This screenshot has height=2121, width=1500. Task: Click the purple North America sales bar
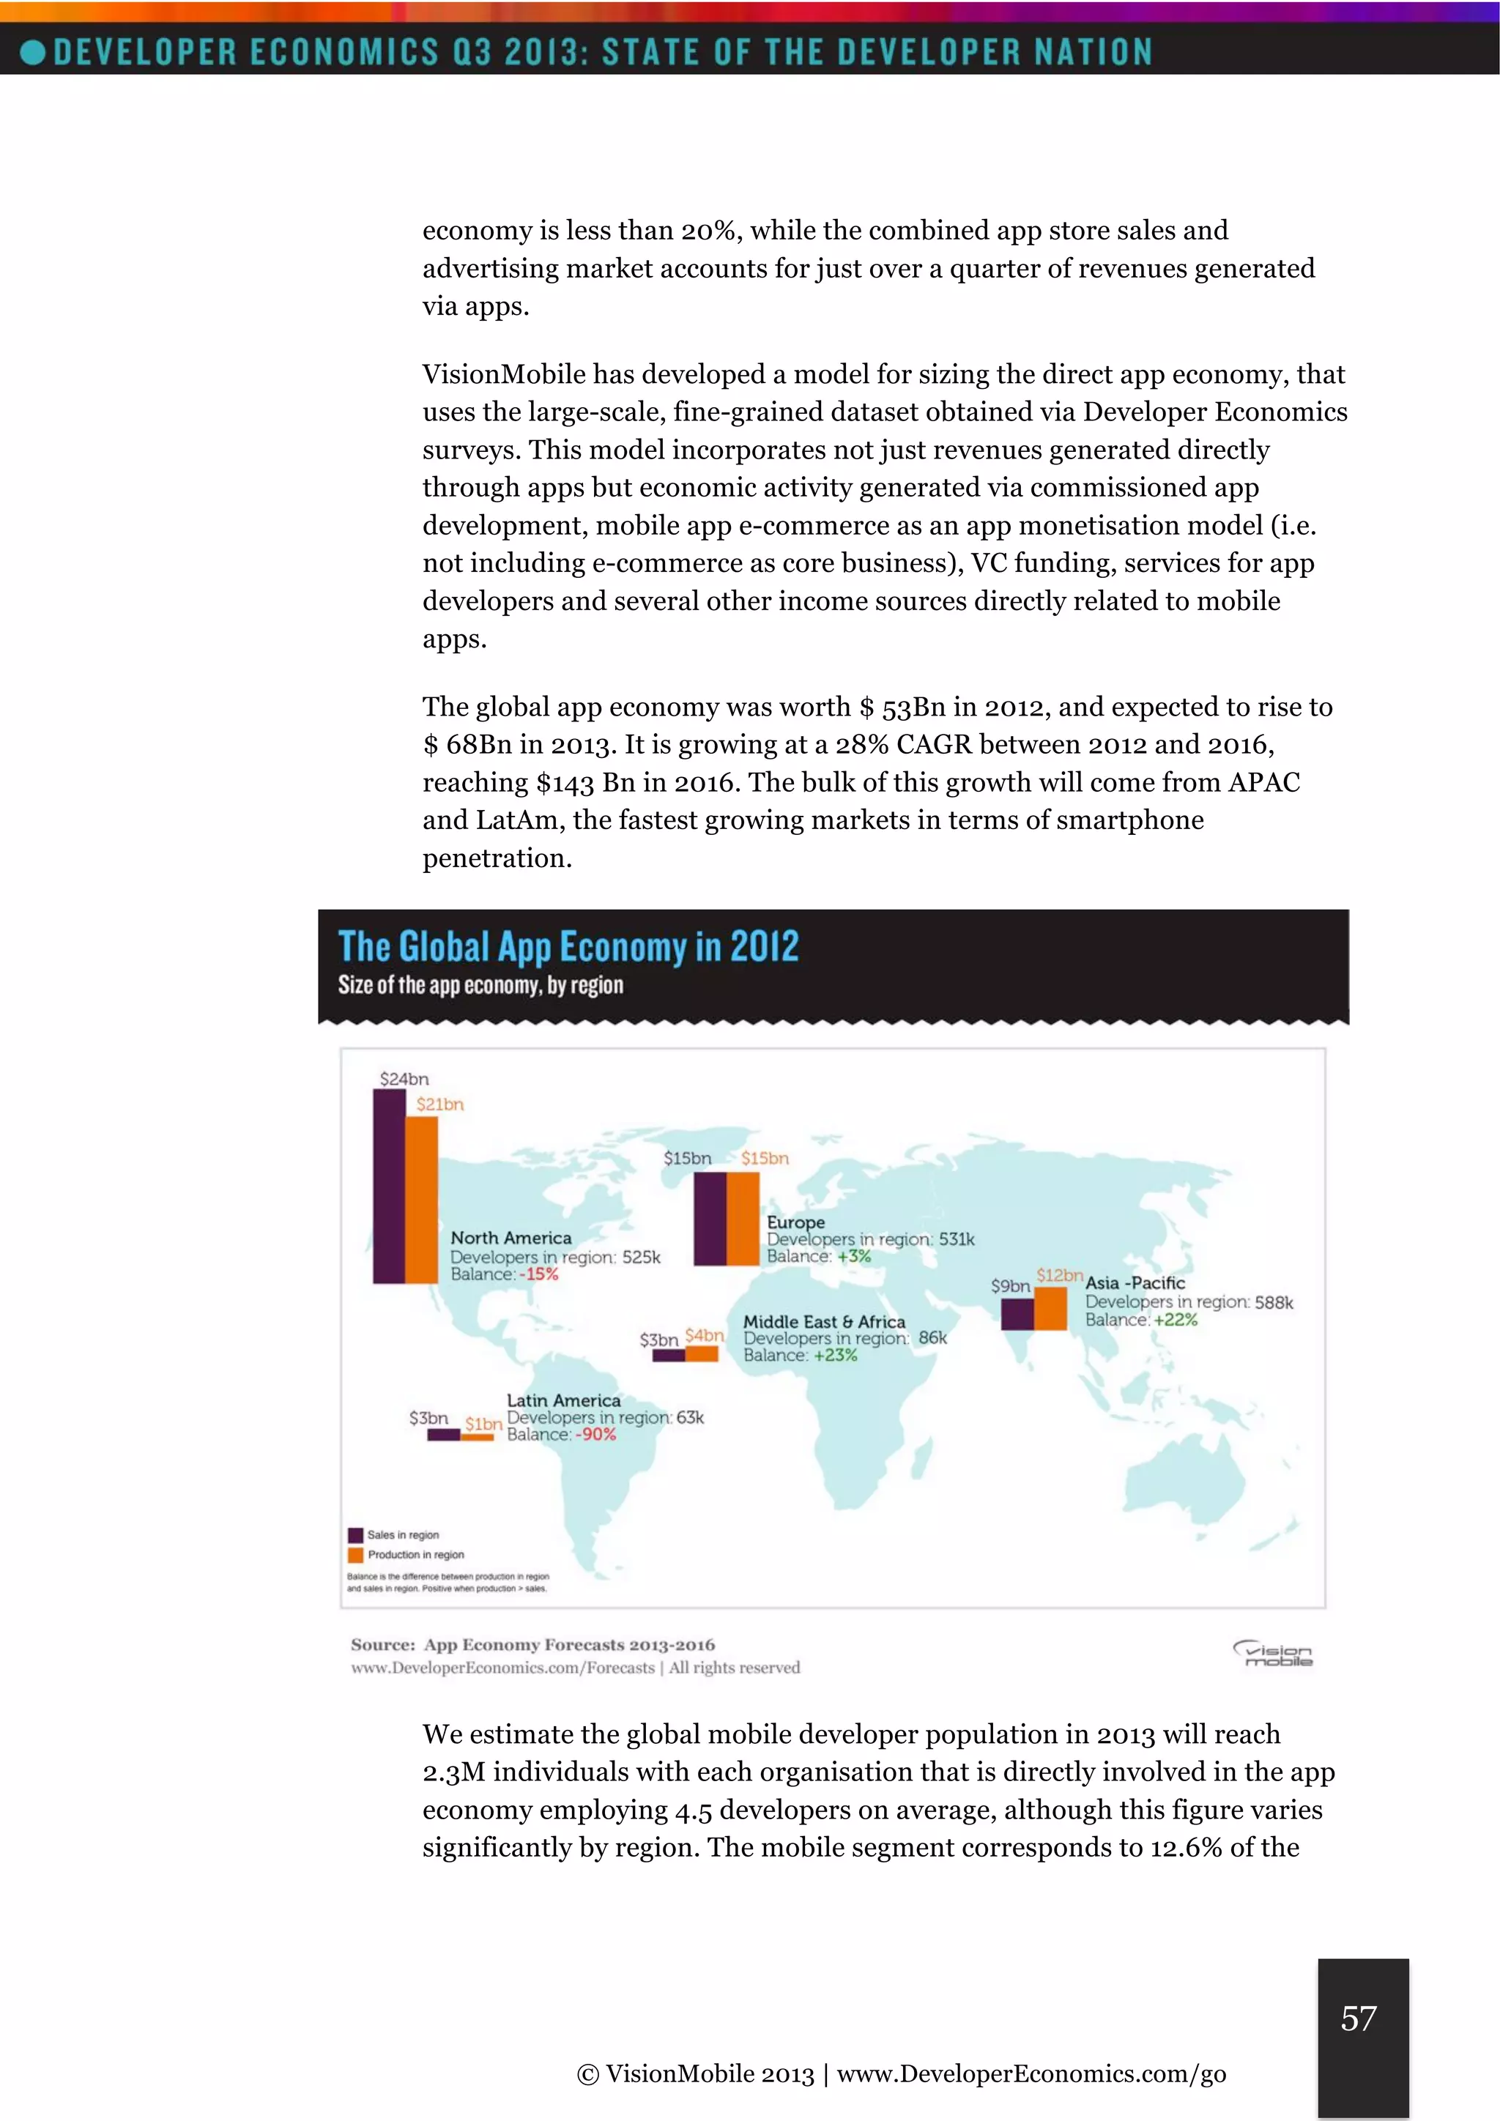click(389, 1186)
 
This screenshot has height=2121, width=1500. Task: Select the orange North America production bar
click(422, 1199)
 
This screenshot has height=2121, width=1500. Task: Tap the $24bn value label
click(404, 1079)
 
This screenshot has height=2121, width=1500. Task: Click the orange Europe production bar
click(743, 1219)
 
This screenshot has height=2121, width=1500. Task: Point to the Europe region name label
click(795, 1222)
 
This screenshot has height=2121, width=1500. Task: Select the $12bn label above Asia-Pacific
click(1058, 1275)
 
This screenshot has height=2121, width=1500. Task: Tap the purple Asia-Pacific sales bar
click(1017, 1315)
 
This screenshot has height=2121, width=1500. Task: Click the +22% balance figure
click(1175, 1320)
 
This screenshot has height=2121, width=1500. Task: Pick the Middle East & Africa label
click(824, 1322)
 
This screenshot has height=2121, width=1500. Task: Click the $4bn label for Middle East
click(704, 1336)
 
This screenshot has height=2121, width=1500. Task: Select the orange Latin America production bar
click(478, 1436)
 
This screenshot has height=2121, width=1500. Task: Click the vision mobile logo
click(1274, 1654)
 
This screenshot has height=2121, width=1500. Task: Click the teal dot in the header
click(33, 52)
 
